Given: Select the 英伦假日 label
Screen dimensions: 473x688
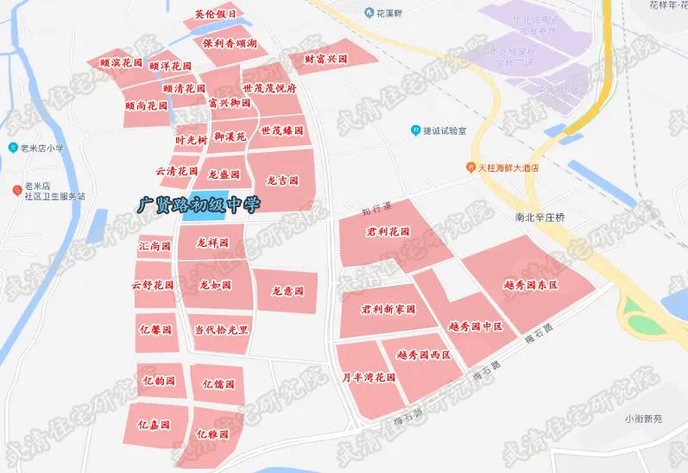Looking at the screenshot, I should (214, 15).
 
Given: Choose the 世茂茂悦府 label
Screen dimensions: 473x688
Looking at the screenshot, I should (269, 88).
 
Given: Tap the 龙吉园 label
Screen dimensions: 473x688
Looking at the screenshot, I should (282, 180).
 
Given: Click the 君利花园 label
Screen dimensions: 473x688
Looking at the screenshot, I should (388, 232).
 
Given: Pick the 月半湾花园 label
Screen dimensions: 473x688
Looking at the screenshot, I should (368, 377).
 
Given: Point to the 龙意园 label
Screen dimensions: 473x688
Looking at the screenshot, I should (287, 292).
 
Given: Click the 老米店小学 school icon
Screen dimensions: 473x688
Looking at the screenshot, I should (13, 148).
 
